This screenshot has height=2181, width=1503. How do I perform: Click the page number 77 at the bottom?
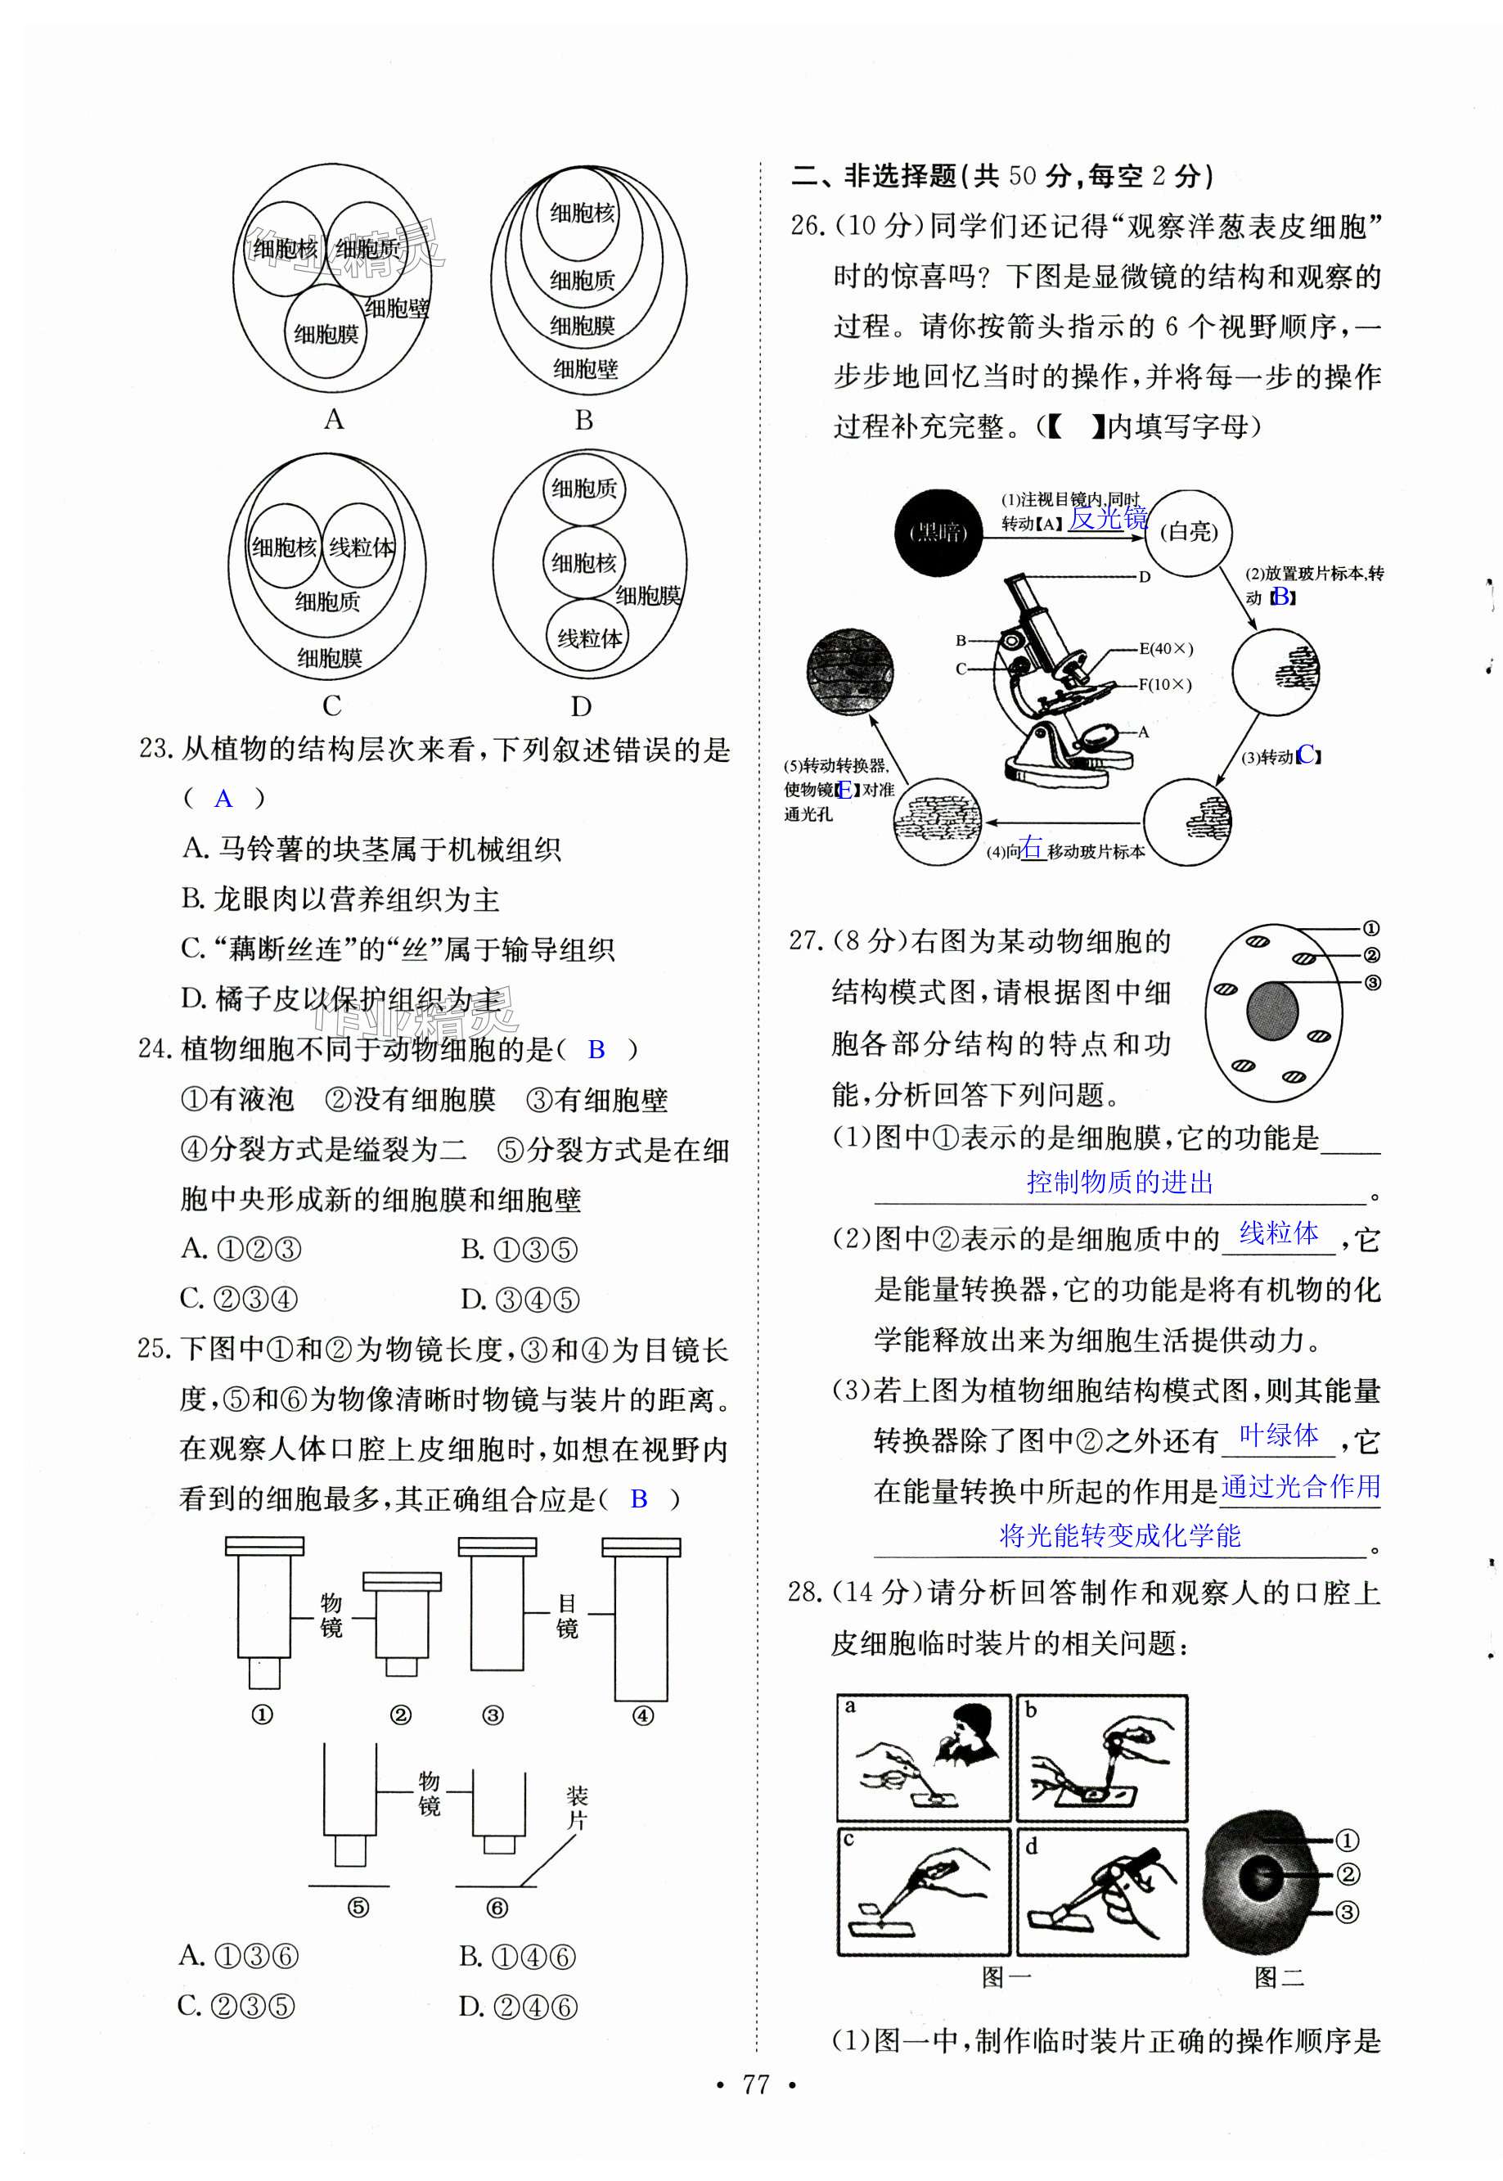(x=755, y=2084)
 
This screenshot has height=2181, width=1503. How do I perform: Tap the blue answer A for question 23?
(x=223, y=800)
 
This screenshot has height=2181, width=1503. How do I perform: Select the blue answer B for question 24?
(x=596, y=1049)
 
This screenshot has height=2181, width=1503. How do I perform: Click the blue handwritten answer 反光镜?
(x=1109, y=517)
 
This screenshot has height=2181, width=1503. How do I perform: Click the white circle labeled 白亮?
(x=1189, y=533)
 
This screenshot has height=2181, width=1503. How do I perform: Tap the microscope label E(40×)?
(x=1166, y=649)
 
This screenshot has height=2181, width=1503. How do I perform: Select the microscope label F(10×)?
(x=1165, y=685)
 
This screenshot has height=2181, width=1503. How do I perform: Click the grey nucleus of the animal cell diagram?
(x=1272, y=1012)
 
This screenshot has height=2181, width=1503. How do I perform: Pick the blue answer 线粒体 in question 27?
(x=1278, y=1233)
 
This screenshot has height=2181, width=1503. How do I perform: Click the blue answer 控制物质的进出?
(x=1120, y=1182)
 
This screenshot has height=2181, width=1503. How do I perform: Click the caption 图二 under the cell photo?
(x=1278, y=1977)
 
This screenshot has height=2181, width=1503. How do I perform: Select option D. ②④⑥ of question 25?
(x=517, y=2007)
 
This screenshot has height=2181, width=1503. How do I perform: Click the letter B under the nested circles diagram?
(x=584, y=420)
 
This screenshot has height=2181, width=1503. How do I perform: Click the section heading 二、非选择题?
(x=874, y=176)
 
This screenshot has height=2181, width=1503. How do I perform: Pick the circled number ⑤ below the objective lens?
(x=358, y=1908)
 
